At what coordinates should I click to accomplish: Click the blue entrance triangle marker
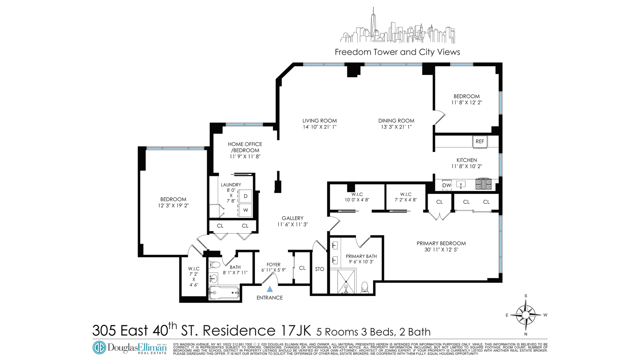270,289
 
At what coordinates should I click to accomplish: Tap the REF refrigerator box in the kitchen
480,141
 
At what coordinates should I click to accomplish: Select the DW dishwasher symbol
447,185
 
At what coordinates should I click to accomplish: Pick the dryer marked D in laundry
245,196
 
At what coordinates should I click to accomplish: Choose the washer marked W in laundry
245,210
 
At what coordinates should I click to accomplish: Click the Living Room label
319,121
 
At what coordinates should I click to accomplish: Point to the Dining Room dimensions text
396,127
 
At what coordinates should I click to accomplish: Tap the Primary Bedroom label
441,243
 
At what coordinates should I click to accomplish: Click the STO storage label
319,269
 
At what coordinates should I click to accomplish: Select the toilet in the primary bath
365,287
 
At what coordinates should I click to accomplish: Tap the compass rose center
526,315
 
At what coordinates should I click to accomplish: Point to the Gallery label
292,218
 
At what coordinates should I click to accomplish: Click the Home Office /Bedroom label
245,147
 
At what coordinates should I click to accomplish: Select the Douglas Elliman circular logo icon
99,347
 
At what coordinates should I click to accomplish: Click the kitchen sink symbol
461,184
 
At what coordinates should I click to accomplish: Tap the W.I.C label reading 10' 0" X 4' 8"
357,197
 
